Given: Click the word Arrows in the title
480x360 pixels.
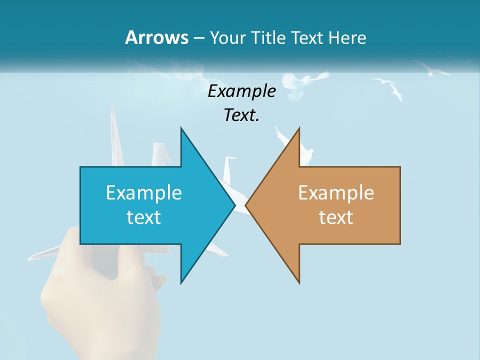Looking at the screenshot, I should (156, 37).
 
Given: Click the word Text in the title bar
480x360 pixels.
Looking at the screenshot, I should (307, 37).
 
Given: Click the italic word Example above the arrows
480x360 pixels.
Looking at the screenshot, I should (242, 91).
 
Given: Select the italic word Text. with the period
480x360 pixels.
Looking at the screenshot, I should (242, 115).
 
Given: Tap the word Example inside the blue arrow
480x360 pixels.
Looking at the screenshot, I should (144, 192).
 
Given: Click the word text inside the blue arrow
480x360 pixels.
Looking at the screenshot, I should (144, 217).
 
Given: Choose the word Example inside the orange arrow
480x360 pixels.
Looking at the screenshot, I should (336, 192).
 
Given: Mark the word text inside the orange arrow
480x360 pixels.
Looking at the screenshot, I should (336, 217).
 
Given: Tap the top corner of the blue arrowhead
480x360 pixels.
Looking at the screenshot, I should (181, 128).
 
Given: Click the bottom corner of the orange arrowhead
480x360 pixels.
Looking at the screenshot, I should (299, 282).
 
